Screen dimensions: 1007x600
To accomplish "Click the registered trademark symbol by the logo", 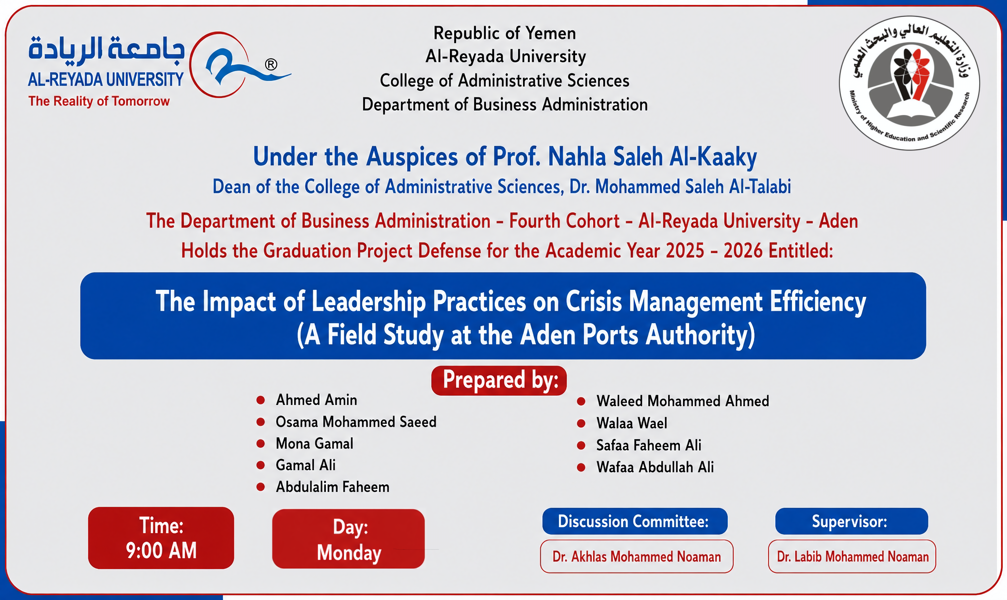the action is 271,64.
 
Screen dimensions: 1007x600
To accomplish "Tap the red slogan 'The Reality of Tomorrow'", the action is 99,101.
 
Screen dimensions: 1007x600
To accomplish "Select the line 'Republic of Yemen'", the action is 505,33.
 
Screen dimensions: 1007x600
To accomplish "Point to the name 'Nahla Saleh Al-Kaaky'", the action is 652,157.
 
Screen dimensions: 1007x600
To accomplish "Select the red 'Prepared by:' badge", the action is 499,381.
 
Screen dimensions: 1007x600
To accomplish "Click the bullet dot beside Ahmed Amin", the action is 260,400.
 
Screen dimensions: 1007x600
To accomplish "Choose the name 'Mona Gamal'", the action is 314,443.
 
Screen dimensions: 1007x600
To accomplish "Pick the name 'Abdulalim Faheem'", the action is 332,487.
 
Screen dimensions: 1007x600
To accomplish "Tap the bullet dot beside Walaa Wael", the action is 581,423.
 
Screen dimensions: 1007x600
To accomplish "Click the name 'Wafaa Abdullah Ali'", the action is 655,467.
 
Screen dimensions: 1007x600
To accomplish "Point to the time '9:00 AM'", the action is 161,551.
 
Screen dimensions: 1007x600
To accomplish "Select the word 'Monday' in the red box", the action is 349,553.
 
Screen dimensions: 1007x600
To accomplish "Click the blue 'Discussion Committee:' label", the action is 635,521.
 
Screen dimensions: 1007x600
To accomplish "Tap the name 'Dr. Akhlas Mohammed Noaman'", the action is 637,557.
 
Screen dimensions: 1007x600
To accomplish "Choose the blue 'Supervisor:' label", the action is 851,521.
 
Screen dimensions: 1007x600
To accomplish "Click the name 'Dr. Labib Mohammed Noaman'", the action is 853,557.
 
